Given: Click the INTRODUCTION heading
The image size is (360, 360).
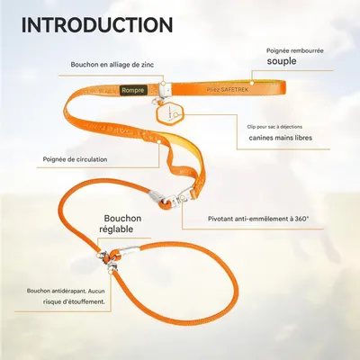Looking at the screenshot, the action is [x=97, y=25].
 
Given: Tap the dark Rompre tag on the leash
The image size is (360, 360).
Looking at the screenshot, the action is [x=133, y=90].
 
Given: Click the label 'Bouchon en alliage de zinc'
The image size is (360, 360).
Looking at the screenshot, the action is [x=112, y=65].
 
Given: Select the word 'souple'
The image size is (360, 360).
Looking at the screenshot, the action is [x=282, y=61].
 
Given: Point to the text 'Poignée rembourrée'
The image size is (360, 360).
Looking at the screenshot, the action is [x=295, y=50].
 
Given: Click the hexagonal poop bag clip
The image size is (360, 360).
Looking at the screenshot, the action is [x=169, y=114].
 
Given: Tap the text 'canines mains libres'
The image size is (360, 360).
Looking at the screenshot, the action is [x=281, y=138].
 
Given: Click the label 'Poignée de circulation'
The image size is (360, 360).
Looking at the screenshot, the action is [x=75, y=159].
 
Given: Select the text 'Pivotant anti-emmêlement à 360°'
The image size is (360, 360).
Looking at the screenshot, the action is [x=258, y=219].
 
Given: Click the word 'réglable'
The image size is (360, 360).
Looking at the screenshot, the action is [x=116, y=229].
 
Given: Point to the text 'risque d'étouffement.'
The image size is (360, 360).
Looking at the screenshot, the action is [x=74, y=301].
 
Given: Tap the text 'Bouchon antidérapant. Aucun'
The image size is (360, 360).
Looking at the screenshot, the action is [x=66, y=291].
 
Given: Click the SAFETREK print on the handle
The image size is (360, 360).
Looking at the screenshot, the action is [x=228, y=90].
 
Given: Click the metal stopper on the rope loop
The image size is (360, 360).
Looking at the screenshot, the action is [x=130, y=250].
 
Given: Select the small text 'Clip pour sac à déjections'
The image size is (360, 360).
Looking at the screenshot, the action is [x=274, y=127].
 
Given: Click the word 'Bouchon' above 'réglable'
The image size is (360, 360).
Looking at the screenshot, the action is [x=122, y=218].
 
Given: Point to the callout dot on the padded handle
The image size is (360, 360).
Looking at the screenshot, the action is [x=252, y=83].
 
